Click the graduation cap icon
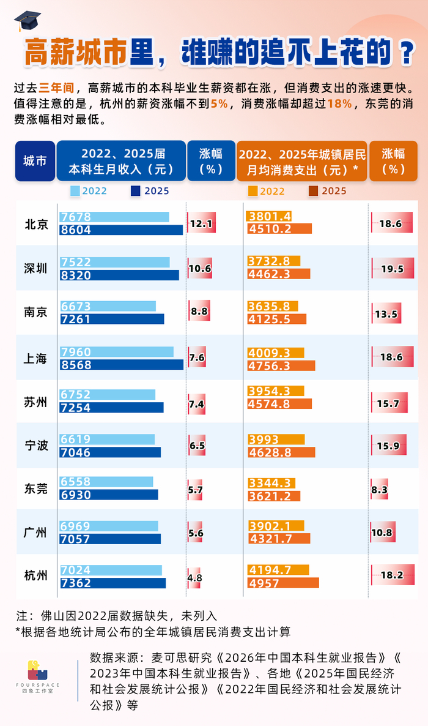point(28,21)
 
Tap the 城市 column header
point(35,161)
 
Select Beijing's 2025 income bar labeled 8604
point(121,230)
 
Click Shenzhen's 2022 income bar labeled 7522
point(115,262)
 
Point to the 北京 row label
point(36,225)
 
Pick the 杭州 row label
point(35,575)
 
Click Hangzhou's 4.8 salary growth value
point(195,578)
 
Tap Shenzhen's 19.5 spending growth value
point(393,269)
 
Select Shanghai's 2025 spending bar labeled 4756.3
point(281,366)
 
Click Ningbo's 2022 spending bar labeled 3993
point(276,440)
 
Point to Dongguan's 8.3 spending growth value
point(380,490)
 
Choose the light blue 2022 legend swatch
point(75,191)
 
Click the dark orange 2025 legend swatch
point(313,191)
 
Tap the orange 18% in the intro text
point(339,103)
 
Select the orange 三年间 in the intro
point(56,88)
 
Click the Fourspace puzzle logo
point(37,670)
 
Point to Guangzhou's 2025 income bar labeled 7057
point(110,539)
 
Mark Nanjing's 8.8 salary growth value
point(199,312)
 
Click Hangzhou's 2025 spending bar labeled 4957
point(283,583)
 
